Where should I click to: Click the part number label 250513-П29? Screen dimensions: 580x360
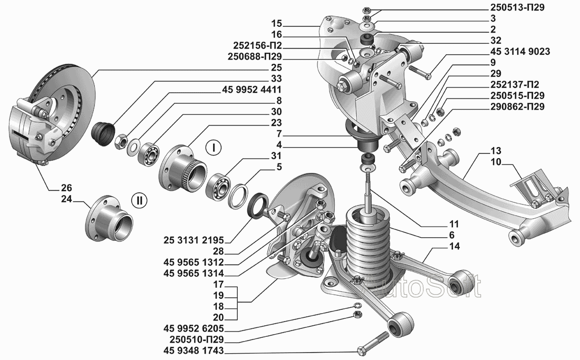tap(517, 7)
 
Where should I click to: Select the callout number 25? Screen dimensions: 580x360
tap(276, 67)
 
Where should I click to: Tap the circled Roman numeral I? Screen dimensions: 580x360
tap(214, 148)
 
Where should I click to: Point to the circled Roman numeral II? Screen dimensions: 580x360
tap(139, 201)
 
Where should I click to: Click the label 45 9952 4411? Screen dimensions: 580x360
tap(252, 90)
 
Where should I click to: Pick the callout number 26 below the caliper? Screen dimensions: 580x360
tap(66, 188)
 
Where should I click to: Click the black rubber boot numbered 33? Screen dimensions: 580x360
tap(103, 133)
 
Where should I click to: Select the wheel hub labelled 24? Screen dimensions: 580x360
tap(109, 218)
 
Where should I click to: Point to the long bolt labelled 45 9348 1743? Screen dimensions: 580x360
tap(373, 343)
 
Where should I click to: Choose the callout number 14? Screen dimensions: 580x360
tap(455, 246)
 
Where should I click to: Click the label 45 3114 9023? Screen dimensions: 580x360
tap(520, 51)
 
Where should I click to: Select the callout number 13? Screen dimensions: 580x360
tap(496, 151)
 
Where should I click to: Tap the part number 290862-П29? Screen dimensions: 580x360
tap(517, 107)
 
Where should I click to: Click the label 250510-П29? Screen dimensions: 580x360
tap(197, 339)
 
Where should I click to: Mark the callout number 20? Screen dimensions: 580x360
tap(218, 317)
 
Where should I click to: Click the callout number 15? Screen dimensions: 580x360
tap(276, 24)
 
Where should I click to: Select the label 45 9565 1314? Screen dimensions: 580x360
tap(194, 274)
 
